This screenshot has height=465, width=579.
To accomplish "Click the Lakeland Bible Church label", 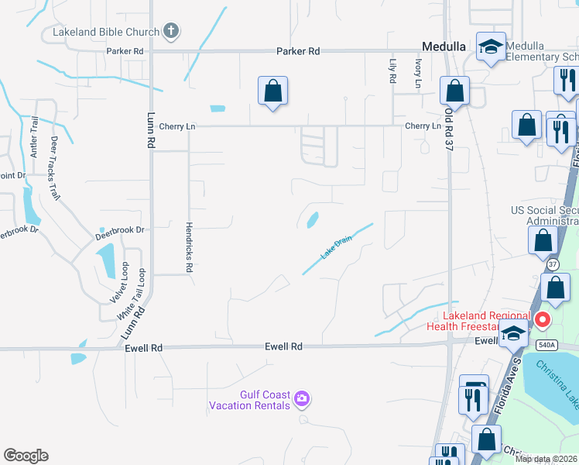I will [x=105, y=33].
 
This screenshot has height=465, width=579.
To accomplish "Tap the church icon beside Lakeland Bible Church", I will [x=171, y=32].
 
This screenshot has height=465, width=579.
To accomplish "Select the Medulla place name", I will [x=444, y=46].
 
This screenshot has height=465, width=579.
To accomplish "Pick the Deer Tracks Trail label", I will [x=55, y=168].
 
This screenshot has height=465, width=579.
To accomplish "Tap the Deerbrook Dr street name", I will [x=120, y=230].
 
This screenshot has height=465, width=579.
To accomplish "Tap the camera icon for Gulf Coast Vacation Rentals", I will [x=302, y=398].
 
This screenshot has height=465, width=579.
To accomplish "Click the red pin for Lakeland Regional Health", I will [x=543, y=319].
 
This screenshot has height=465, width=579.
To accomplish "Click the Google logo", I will [x=26, y=456].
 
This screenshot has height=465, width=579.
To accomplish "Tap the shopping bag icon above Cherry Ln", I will [x=272, y=91].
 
